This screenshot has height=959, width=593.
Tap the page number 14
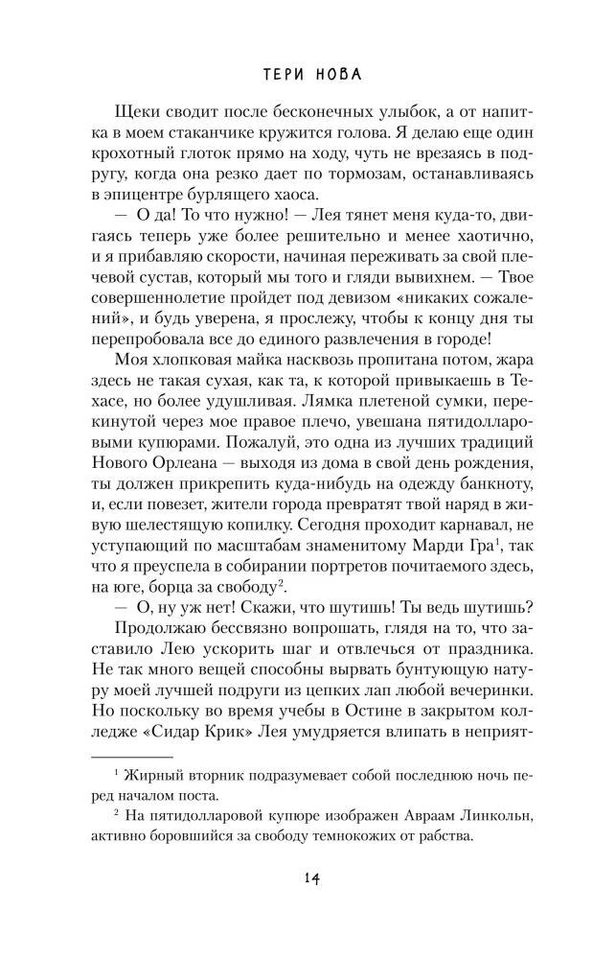pos(296,879)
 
